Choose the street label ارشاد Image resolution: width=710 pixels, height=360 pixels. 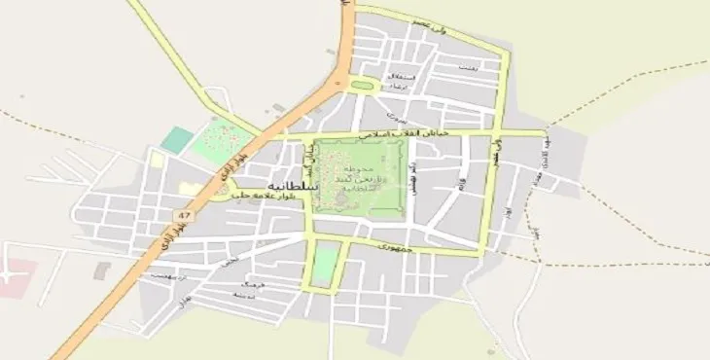coord(400,87)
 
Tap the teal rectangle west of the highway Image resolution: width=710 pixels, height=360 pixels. coord(177,140)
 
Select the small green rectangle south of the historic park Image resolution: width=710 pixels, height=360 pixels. coord(326,263)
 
